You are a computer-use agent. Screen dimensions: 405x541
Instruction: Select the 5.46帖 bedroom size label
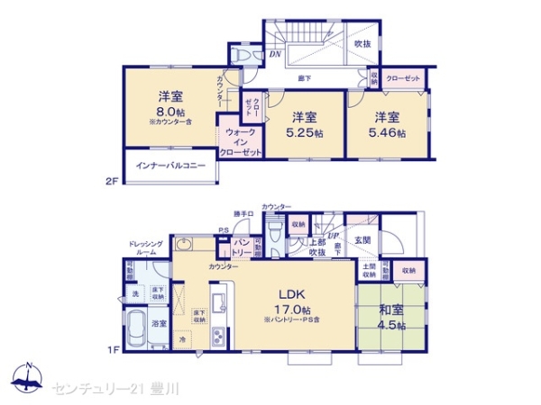pos(390,132)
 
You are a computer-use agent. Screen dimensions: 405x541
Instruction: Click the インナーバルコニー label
pos(170,166)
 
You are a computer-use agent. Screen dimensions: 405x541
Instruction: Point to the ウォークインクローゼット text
pos(241,142)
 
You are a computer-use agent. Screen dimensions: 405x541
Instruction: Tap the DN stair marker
pos(275,54)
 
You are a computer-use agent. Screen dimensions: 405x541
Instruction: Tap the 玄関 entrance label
pos(363,238)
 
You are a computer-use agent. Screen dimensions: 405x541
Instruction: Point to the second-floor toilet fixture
pos(241,53)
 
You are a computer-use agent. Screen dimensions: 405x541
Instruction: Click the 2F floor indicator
pos(112,181)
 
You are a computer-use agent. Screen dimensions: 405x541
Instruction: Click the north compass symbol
pos(29,378)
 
